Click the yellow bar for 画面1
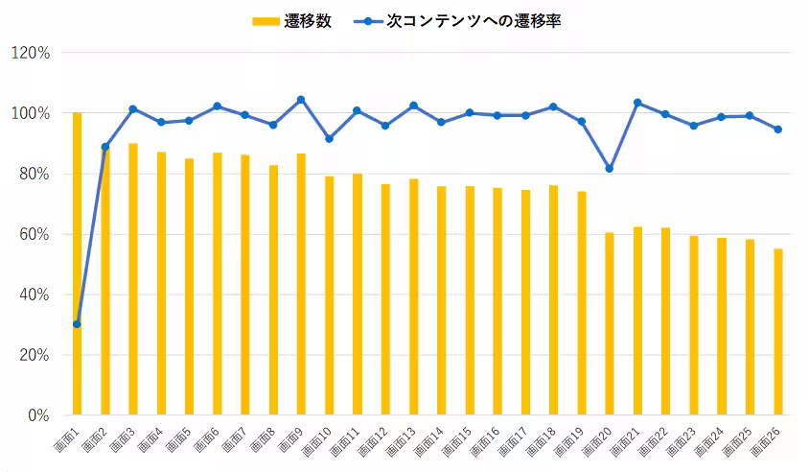tap(77, 264)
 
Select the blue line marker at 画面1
tap(77, 324)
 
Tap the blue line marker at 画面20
tap(610, 169)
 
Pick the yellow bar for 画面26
tap(778, 332)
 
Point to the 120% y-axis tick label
tap(30, 53)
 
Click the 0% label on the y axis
tap(37, 415)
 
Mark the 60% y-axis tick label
tap(34, 234)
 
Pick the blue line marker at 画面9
tap(301, 100)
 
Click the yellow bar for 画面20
tap(610, 323)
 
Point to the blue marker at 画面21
tap(637, 103)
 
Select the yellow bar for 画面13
tap(413, 296)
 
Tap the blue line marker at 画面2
tap(104, 147)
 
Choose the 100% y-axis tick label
tap(30, 113)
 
